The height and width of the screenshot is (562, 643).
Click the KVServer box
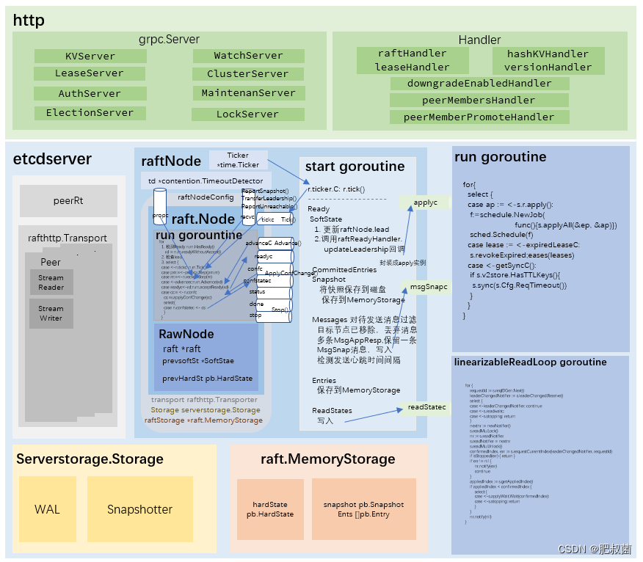click(90, 56)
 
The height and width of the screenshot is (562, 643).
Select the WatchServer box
click(248, 56)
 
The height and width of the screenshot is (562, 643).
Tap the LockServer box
click(248, 114)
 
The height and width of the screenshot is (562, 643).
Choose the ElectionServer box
click(90, 113)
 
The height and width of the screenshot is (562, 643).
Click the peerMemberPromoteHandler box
click(479, 117)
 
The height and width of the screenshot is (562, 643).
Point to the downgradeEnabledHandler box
click(479, 84)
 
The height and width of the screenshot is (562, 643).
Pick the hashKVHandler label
click(548, 54)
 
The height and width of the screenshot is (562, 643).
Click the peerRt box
click(68, 200)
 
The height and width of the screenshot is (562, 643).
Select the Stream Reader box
click(51, 282)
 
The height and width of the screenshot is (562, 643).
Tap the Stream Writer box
click(51, 313)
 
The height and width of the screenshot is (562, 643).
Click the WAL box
click(47, 509)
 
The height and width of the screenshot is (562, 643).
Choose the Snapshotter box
click(139, 509)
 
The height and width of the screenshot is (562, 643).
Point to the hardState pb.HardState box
click(270, 509)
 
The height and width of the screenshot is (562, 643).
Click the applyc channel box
click(425, 202)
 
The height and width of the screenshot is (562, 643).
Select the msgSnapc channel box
click(429, 287)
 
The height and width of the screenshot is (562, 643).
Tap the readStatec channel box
click(426, 406)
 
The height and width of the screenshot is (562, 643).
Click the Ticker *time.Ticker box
click(238, 160)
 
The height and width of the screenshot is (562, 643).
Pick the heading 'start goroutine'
click(355, 167)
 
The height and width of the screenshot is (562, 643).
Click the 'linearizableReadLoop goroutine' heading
click(530, 362)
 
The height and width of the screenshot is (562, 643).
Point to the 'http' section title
click(29, 21)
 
